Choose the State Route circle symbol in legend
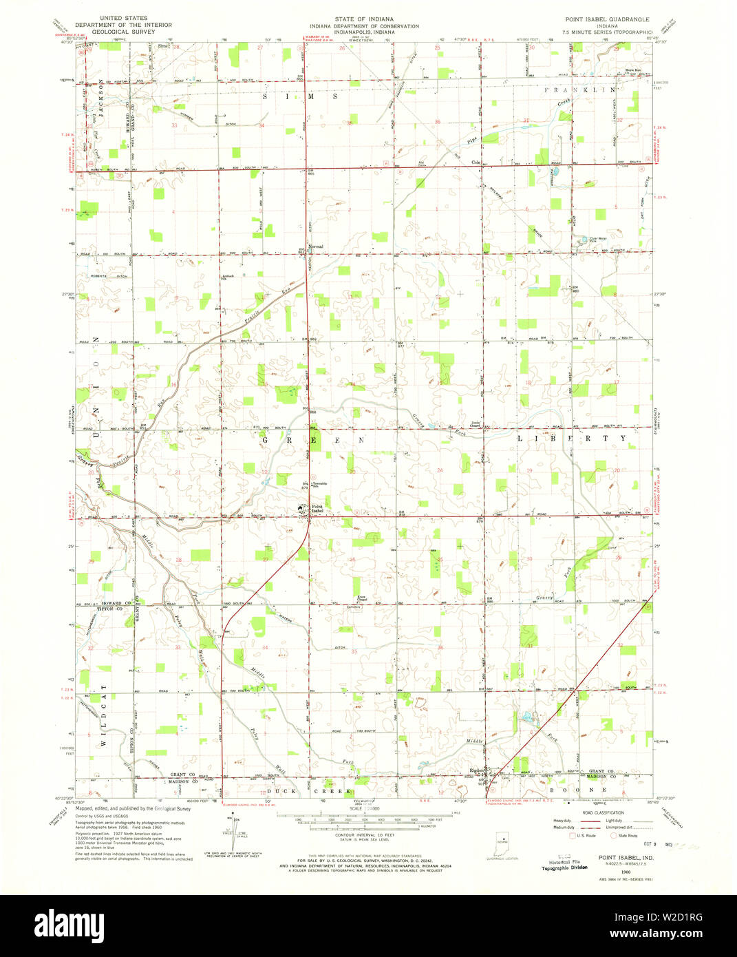[613, 835]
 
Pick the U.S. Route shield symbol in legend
[572, 835]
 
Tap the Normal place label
[316, 246]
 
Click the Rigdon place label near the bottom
[476, 770]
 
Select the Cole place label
[475, 162]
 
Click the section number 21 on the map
[178, 472]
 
